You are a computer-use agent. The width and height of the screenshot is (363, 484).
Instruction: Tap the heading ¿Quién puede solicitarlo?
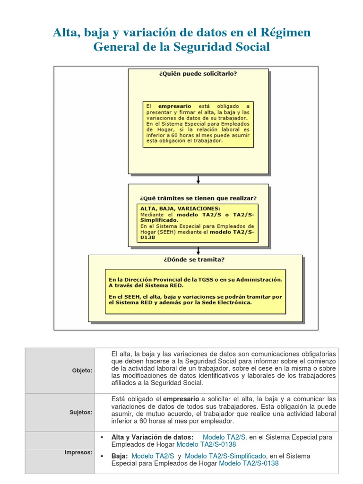pos(198,74)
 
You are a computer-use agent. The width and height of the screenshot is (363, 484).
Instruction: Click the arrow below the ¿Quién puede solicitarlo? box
pos(199,179)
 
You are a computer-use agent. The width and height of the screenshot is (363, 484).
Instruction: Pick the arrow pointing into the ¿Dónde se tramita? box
pos(199,250)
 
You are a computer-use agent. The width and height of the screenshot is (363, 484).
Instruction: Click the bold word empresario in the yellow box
pos(175,106)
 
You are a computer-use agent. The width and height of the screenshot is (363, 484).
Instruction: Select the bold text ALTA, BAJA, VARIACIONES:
pos(180,208)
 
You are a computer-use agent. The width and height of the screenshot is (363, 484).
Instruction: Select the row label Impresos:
pos(78,452)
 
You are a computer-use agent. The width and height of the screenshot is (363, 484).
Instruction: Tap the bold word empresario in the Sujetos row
pos(181,399)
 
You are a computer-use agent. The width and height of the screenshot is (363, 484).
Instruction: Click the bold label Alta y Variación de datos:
pos(152,437)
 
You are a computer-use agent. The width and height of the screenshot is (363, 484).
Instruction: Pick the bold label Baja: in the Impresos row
pos(120,456)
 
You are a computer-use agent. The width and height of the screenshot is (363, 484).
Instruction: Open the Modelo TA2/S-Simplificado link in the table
pos(225,456)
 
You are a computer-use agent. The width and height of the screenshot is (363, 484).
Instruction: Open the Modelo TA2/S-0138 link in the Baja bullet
pos(249,463)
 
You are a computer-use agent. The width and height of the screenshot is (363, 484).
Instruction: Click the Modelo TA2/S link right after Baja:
pos(153,456)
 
